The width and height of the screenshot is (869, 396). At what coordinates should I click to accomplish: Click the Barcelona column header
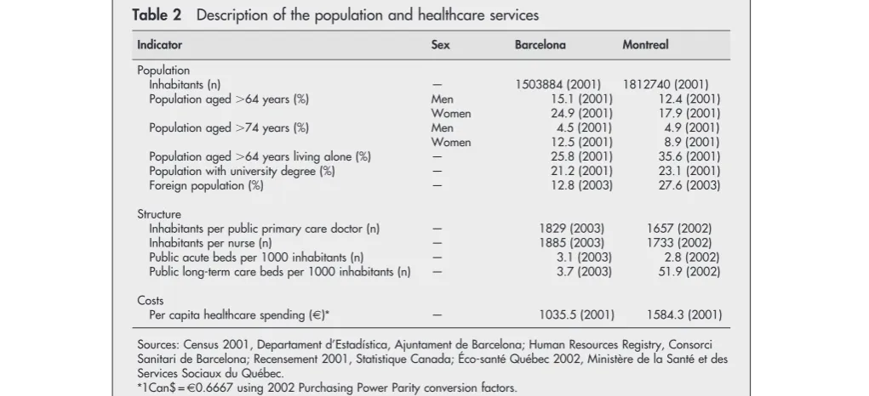pyautogui.click(x=540, y=45)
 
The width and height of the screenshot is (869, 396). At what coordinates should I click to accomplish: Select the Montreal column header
pyautogui.click(x=645, y=45)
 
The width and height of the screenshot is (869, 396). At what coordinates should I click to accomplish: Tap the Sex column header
pyautogui.click(x=441, y=45)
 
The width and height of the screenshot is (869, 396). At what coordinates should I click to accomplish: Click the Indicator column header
pyautogui.click(x=160, y=45)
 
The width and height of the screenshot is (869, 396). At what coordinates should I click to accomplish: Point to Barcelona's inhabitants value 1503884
pyautogui.click(x=541, y=85)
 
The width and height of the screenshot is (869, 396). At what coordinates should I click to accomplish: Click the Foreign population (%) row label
pyautogui.click(x=206, y=186)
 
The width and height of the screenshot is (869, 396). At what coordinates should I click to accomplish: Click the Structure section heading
pyautogui.click(x=159, y=214)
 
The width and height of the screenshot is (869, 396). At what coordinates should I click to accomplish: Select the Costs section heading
pyautogui.click(x=151, y=300)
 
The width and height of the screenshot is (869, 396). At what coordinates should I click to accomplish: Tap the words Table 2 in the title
pyautogui.click(x=157, y=15)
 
